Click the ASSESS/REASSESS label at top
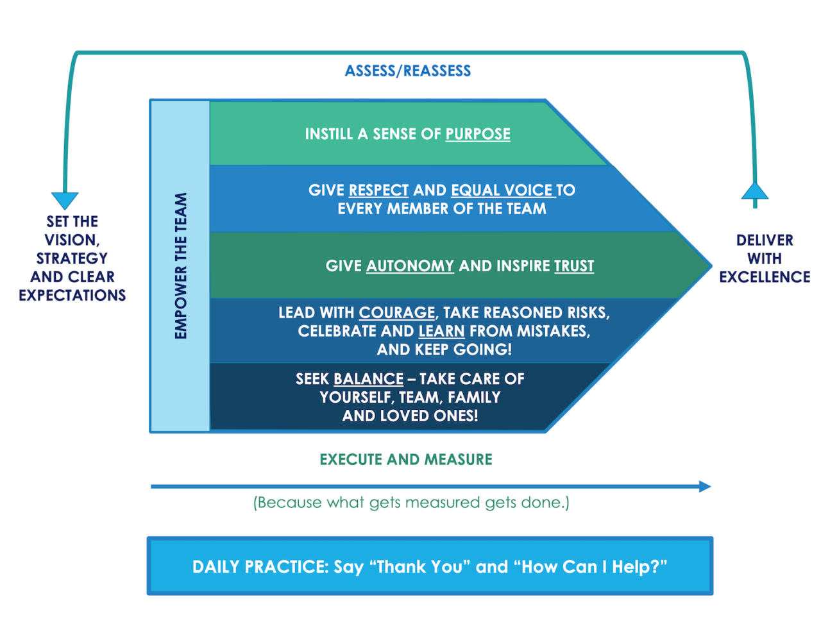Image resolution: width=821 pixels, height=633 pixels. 408,71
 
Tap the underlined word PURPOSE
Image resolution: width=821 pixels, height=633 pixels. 478,134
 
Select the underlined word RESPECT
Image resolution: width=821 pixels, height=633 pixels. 378,190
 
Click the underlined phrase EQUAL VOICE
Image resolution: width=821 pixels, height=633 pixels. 502,190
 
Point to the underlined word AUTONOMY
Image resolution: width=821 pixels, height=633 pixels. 410,266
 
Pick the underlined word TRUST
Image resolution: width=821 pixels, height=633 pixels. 574,266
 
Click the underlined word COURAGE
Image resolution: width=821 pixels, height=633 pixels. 396,313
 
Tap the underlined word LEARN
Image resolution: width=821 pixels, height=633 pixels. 441,332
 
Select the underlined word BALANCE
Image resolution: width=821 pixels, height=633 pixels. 369,379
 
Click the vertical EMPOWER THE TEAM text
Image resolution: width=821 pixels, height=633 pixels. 181,266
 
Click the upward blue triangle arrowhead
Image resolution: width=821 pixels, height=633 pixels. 755,191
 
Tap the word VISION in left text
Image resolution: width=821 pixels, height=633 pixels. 71,240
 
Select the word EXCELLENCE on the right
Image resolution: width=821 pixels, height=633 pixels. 765,277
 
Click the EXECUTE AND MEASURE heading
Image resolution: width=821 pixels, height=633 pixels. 406,460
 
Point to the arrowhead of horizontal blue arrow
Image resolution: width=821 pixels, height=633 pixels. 705,487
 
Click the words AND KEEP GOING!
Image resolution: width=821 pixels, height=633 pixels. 444,350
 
